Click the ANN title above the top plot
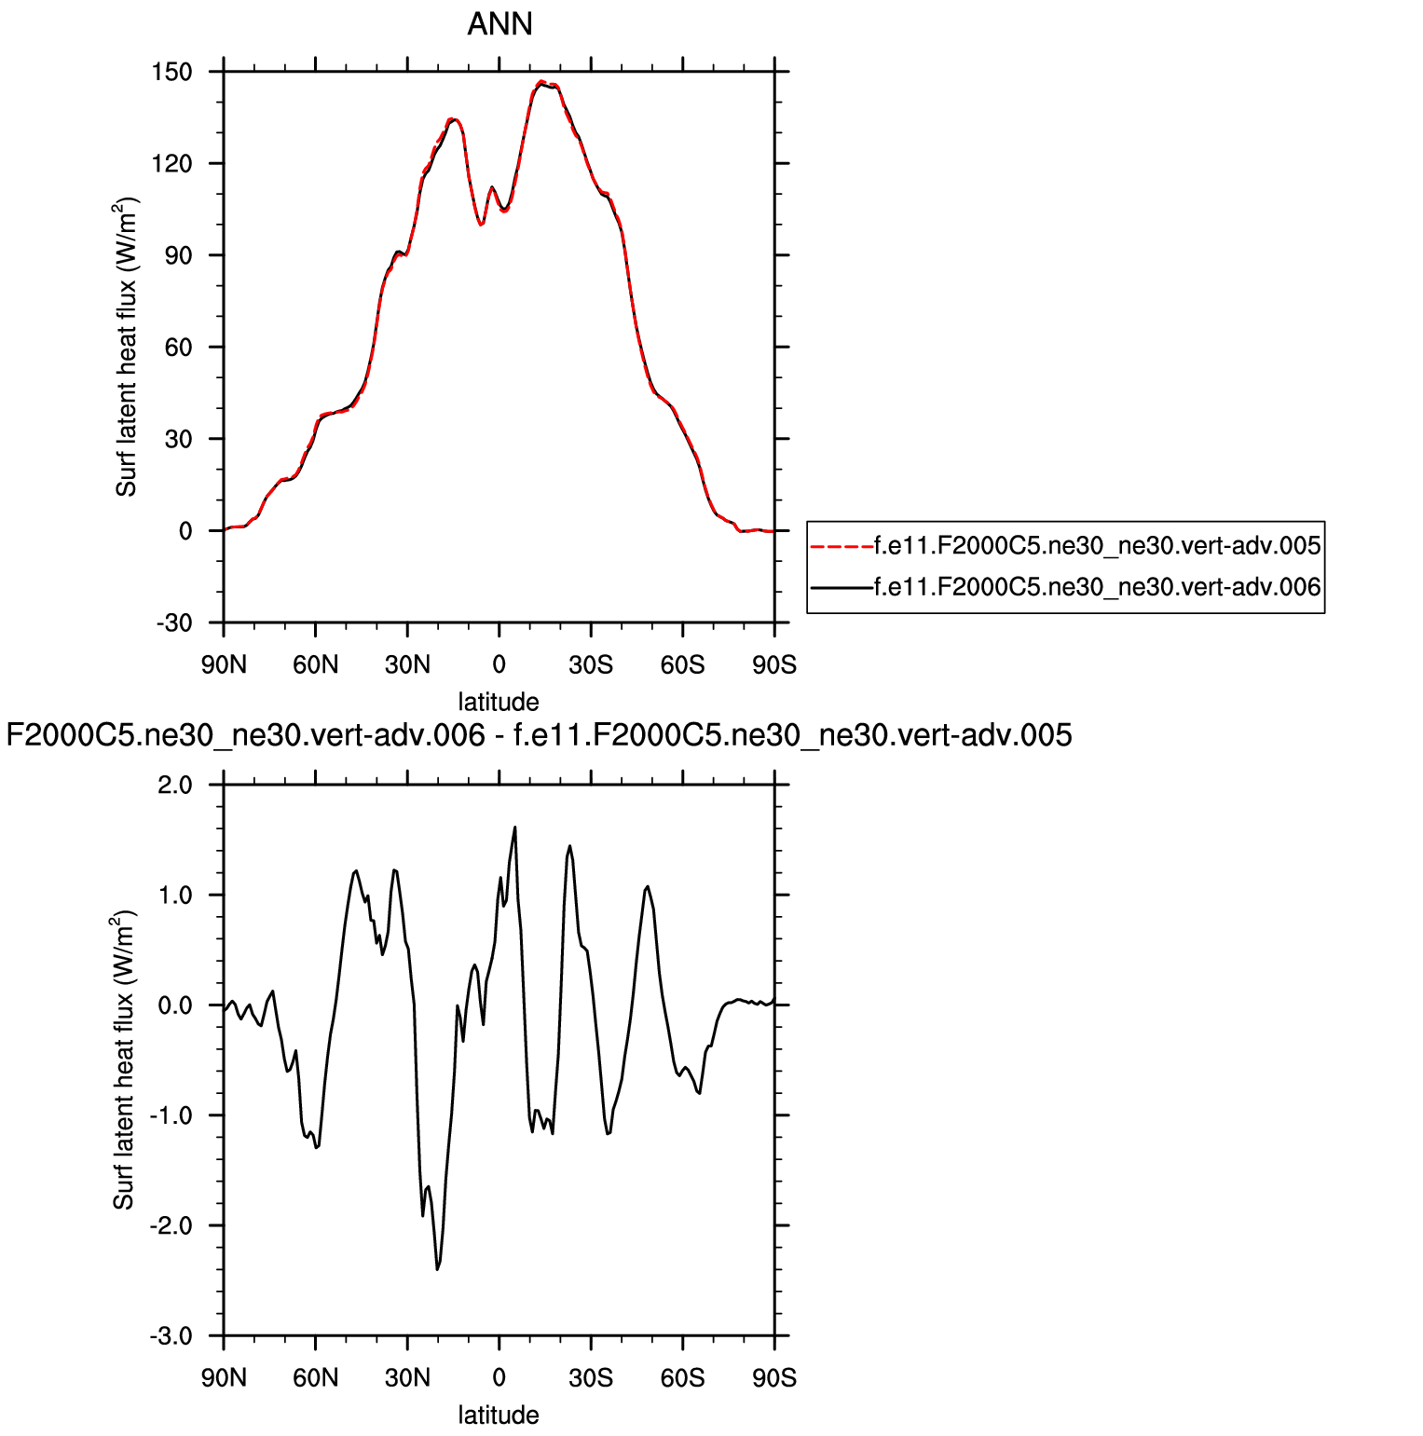pos(499,24)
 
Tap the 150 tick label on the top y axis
pos(172,72)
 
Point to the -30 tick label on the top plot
pos(172,622)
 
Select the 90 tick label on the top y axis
pos(178,255)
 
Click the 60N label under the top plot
pos(315,665)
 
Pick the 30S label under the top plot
pos(591,665)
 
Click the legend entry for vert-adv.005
pos(1097,546)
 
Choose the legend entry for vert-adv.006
pos(1097,587)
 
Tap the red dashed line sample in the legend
pos(841,546)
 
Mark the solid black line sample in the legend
pos(841,587)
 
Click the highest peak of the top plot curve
pos(541,83)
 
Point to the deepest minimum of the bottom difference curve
pos(437,1268)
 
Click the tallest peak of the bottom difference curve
pos(514,827)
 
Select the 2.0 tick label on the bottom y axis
pos(174,785)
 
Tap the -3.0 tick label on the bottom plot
pos(171,1335)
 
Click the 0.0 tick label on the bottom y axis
pos(174,1005)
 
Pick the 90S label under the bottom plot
pos(774,1378)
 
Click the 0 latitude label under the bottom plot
pos(499,1378)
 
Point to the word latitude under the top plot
pos(499,702)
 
